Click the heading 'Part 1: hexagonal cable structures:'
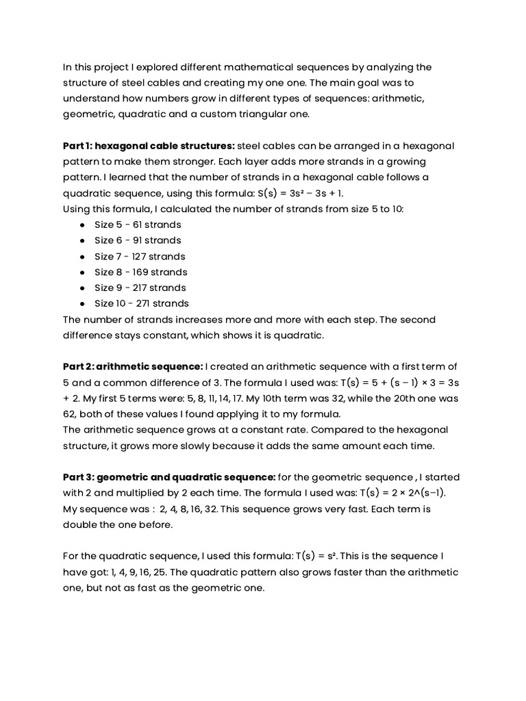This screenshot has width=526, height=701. click(149, 146)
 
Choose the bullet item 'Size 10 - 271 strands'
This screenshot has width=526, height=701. click(141, 303)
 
